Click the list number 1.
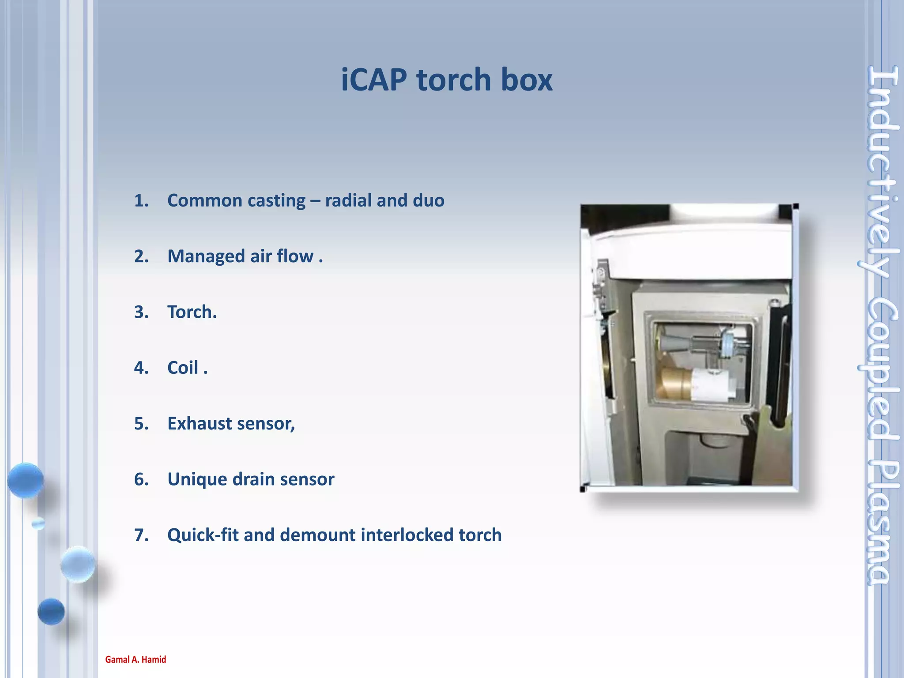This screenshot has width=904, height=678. [141, 201]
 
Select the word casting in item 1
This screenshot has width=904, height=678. [276, 201]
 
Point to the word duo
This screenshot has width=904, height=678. [428, 201]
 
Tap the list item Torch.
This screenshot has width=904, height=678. [192, 312]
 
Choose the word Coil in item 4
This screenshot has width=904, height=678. [182, 368]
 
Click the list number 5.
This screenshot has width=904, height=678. [141, 424]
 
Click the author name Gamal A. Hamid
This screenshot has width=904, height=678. [136, 659]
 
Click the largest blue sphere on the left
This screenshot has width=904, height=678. [26, 480]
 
